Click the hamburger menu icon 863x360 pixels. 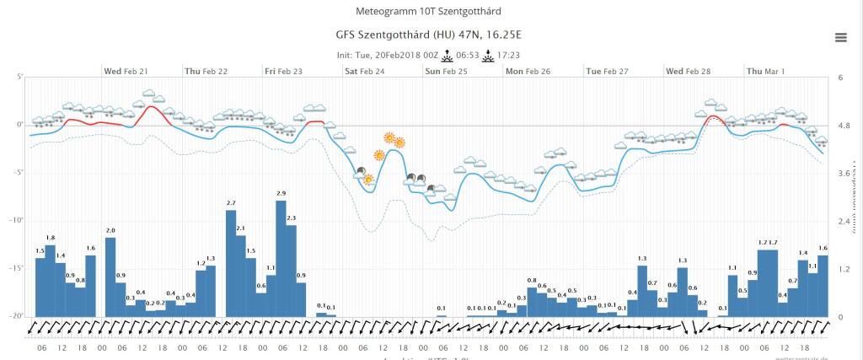(x=840, y=37)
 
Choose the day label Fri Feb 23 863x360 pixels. (x=283, y=72)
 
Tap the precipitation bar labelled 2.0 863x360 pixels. (x=110, y=277)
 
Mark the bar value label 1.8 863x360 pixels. (x=51, y=238)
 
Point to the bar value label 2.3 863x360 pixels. (x=292, y=218)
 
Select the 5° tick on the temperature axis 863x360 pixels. (x=19, y=77)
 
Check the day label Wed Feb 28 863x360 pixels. (x=688, y=72)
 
